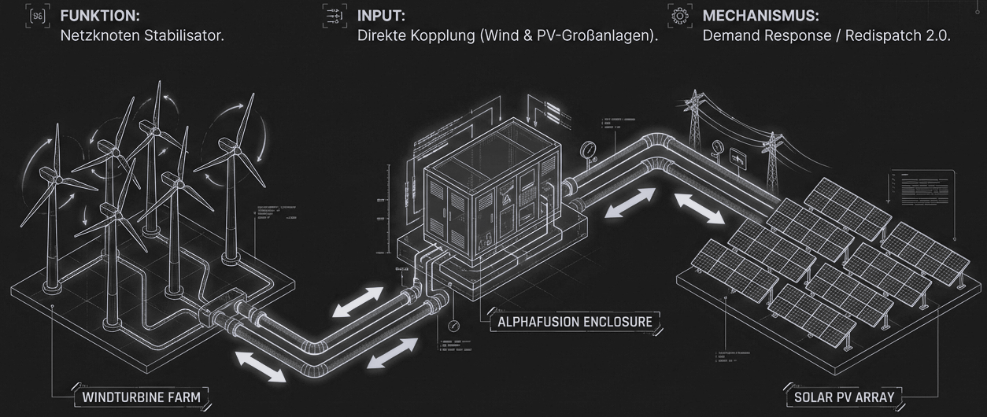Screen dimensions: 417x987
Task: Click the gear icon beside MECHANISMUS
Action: [x=676, y=16]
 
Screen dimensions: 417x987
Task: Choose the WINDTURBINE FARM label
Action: [x=142, y=398]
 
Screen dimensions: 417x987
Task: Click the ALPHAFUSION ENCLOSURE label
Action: [x=575, y=322]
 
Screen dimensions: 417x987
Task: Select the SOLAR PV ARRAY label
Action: [x=845, y=397]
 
